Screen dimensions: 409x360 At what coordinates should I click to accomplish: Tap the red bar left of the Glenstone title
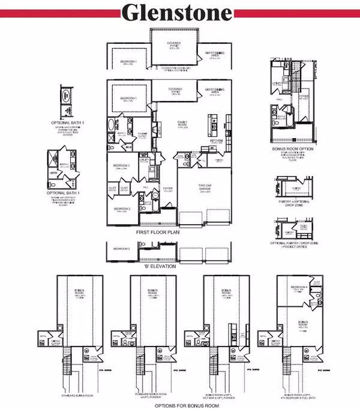pyautogui.click(x=60, y=13)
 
